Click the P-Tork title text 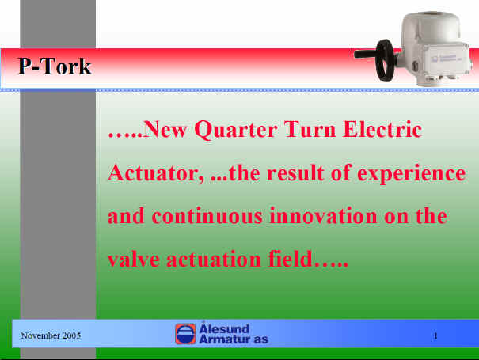55,66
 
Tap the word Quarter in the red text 236,131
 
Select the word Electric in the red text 382,129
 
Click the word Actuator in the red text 156,173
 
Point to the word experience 411,174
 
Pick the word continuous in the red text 207,216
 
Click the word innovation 323,216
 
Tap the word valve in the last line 134,260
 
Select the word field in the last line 291,259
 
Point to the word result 295,173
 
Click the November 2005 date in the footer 51,335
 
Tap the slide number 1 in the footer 435,336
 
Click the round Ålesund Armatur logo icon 185,334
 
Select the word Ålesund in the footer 224,328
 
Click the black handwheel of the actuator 386,60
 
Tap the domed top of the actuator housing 431,22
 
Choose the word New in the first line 165,129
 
